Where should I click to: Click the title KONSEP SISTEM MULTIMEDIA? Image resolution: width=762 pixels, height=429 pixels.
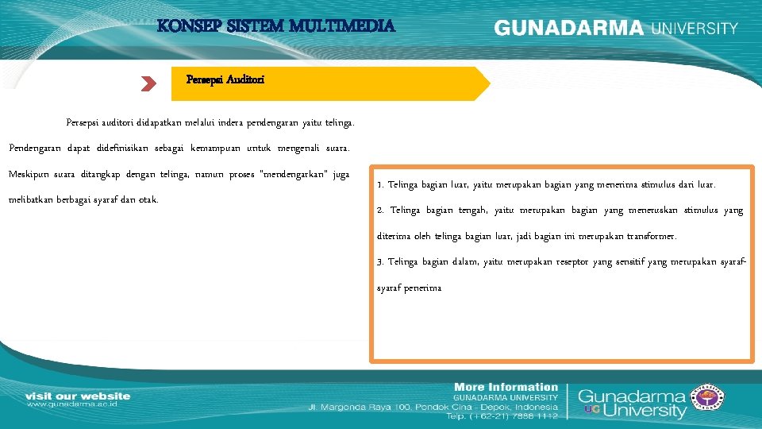[276, 26]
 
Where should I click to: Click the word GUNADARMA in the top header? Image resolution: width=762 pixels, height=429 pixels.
[568, 28]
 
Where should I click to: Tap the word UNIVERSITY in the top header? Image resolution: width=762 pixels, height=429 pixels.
[695, 28]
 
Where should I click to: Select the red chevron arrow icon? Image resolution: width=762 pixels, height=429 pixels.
[148, 84]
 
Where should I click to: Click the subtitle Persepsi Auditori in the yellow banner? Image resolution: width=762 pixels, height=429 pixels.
[225, 79]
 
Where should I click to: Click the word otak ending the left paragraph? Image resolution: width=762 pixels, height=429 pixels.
[148, 199]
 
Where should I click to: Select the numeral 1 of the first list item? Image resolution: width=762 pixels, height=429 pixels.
[380, 185]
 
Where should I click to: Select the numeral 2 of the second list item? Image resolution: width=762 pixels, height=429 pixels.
[380, 211]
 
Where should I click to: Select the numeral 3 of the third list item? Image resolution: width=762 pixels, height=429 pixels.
[380, 262]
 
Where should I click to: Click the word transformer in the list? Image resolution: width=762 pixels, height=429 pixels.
[649, 237]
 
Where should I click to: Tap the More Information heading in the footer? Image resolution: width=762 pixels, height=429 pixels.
[506, 387]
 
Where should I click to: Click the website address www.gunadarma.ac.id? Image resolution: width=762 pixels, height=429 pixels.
[73, 404]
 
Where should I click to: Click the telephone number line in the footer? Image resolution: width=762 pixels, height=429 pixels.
[502, 415]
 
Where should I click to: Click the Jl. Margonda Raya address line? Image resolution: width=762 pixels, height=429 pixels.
[433, 406]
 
